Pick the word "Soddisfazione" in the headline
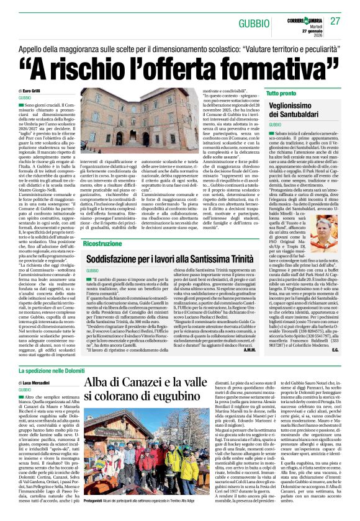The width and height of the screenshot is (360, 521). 120,259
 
